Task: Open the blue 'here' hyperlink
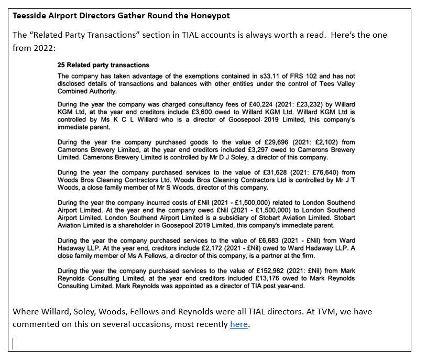coord(239,324)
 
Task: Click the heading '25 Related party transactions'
coord(103,65)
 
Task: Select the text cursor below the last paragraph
coord(14,343)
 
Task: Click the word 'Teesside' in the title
coord(29,16)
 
